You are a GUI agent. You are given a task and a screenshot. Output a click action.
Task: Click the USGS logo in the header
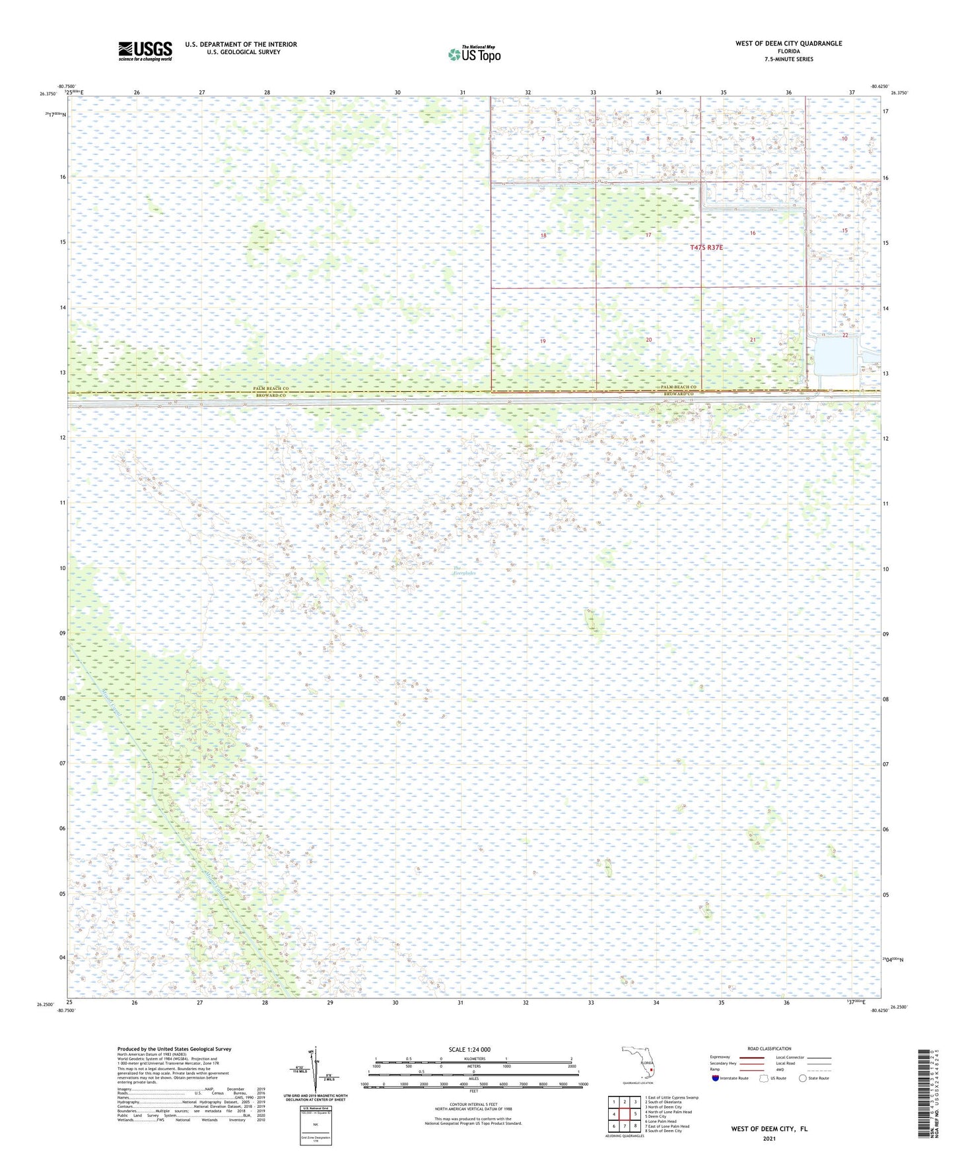point(145,51)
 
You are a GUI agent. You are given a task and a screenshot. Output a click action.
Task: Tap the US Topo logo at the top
point(473,54)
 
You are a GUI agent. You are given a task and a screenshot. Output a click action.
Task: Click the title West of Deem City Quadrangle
point(788,44)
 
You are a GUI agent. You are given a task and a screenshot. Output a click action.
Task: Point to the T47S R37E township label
point(706,247)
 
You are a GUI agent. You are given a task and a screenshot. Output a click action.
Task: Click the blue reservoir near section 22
point(835,356)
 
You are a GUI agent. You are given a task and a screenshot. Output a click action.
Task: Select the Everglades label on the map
point(464,571)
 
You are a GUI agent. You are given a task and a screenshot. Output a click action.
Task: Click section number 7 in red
point(543,139)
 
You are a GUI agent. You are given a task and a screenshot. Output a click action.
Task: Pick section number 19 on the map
point(543,341)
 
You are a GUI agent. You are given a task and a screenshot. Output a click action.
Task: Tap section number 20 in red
point(648,340)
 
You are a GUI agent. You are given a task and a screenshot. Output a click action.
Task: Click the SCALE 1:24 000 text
point(469,1049)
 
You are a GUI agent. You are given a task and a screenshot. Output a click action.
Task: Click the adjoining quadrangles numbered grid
point(624,1114)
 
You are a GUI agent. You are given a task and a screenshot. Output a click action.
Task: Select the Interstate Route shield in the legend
point(716,1078)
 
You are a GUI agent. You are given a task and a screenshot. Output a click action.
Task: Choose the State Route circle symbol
point(803,1078)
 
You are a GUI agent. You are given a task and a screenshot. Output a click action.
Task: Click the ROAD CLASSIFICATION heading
point(769,1048)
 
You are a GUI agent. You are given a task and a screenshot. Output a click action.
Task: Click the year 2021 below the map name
point(768,1138)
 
